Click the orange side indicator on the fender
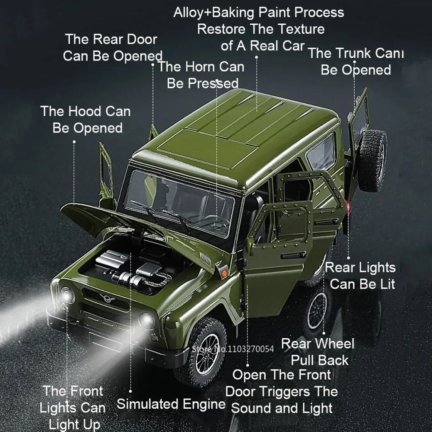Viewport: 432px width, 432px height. click(x=224, y=272)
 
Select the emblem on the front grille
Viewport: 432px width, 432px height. click(x=105, y=298)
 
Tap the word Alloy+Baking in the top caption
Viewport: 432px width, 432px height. click(x=212, y=12)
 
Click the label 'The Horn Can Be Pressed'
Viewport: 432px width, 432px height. click(x=201, y=75)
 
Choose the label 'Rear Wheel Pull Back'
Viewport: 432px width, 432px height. click(x=318, y=352)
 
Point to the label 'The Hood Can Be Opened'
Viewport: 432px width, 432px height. click(x=86, y=119)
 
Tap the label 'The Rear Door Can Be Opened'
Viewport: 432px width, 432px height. click(x=112, y=48)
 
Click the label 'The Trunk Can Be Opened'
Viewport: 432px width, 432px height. click(x=355, y=61)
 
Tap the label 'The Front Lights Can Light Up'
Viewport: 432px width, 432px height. click(x=73, y=407)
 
